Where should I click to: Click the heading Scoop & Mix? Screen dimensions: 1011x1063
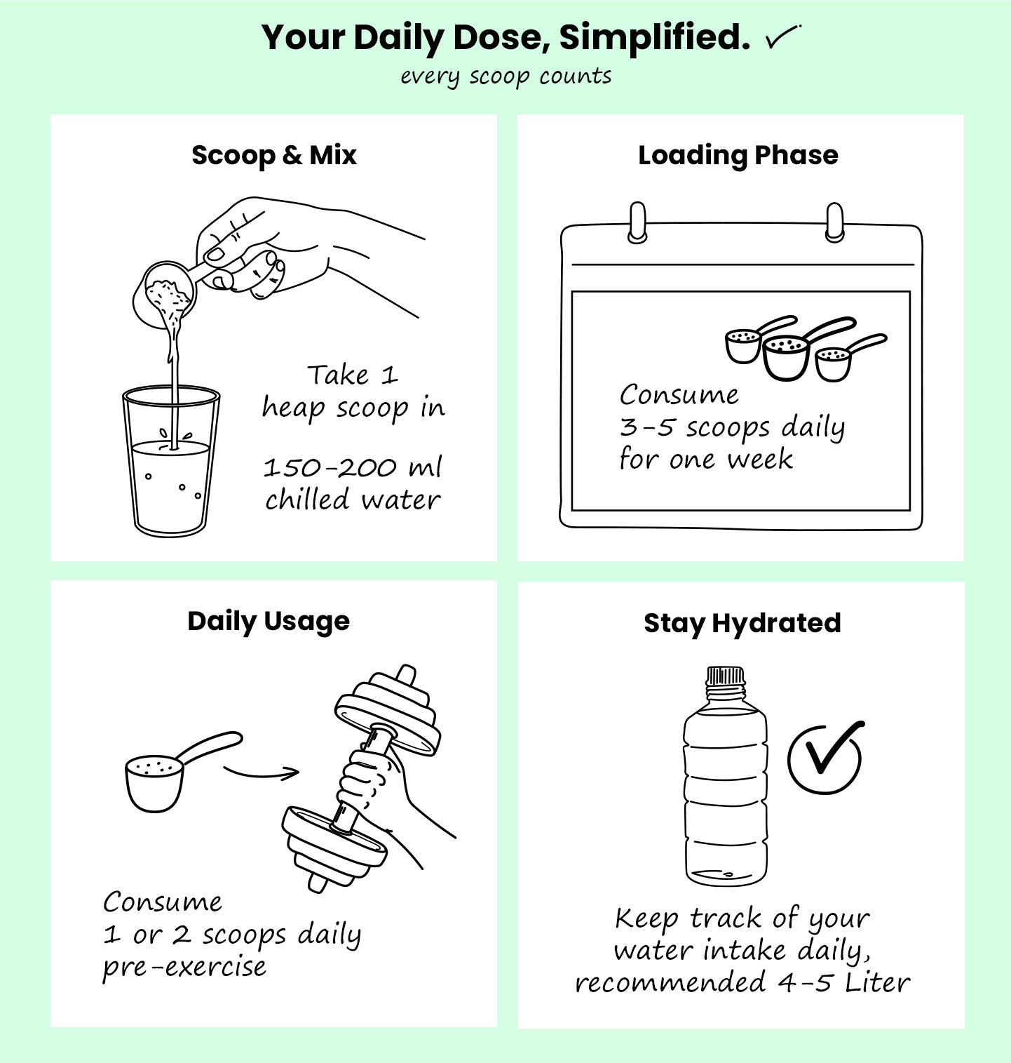point(274,155)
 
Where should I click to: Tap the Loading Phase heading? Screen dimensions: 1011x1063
point(738,156)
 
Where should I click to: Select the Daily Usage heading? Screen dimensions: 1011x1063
point(269,622)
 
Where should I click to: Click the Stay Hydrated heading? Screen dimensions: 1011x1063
point(742,623)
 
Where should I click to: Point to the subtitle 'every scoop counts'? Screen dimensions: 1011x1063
point(506,76)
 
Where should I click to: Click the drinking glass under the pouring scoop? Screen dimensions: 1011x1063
point(171,460)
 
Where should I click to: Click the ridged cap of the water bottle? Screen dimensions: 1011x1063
point(724,676)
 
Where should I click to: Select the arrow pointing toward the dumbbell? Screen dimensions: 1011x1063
point(261,773)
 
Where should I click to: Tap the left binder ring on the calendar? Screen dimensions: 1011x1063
point(637,223)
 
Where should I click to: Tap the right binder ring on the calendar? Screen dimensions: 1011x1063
point(834,223)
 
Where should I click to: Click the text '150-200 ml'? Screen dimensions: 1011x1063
point(353,467)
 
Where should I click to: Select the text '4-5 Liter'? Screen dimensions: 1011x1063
point(843,982)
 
